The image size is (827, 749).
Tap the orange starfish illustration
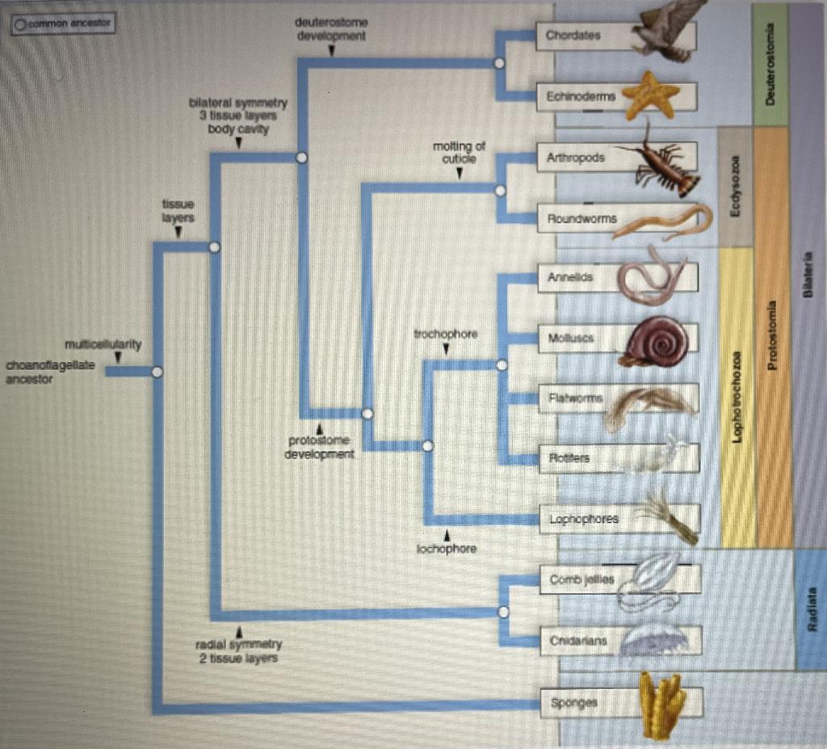pos(652,95)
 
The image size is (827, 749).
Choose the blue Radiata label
pos(811,609)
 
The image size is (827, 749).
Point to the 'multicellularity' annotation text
pos(108,345)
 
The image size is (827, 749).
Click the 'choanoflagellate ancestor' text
pos(50,372)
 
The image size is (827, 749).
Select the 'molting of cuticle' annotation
pos(459,152)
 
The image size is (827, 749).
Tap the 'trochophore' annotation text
pos(446,334)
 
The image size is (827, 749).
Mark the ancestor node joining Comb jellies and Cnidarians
pos(503,612)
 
